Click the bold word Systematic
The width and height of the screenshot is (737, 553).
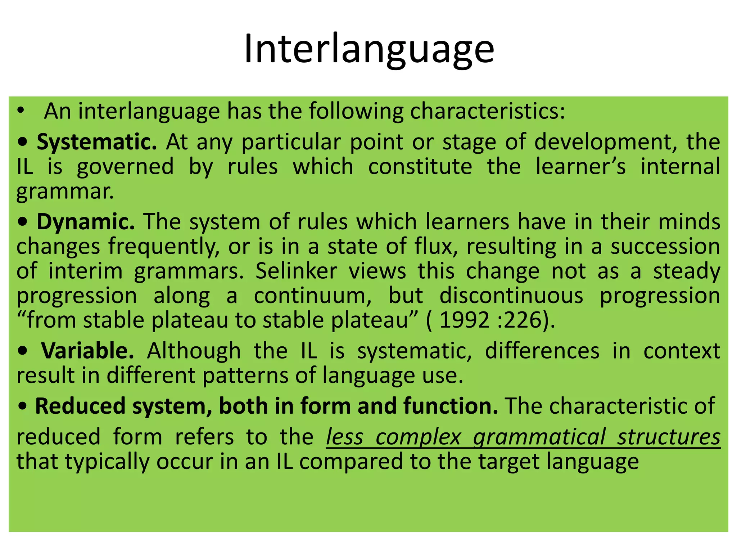pyautogui.click(x=96, y=142)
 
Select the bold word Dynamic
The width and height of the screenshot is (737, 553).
pyautogui.click(x=85, y=221)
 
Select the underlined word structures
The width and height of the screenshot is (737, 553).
pyautogui.click(x=669, y=437)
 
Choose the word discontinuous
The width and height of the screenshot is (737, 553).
pyautogui.click(x=511, y=296)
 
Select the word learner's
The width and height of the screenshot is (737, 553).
pyautogui.click(x=580, y=166)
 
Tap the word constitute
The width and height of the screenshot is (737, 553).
pyautogui.click(x=420, y=166)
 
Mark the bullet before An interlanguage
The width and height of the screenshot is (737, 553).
pyautogui.click(x=21, y=111)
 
